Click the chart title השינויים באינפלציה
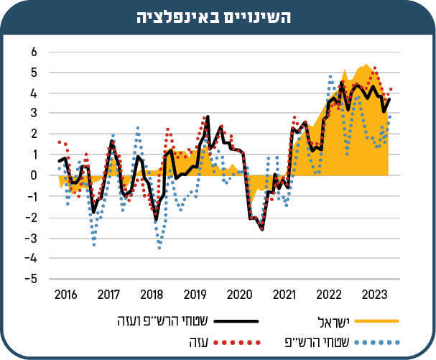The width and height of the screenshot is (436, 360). point(218,18)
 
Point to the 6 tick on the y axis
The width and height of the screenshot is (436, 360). point(33,52)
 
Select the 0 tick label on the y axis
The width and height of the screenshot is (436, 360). point(33,175)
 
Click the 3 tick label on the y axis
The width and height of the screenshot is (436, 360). point(33,114)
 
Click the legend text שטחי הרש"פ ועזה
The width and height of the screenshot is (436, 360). point(152,320)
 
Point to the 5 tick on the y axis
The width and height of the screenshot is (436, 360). point(33,73)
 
